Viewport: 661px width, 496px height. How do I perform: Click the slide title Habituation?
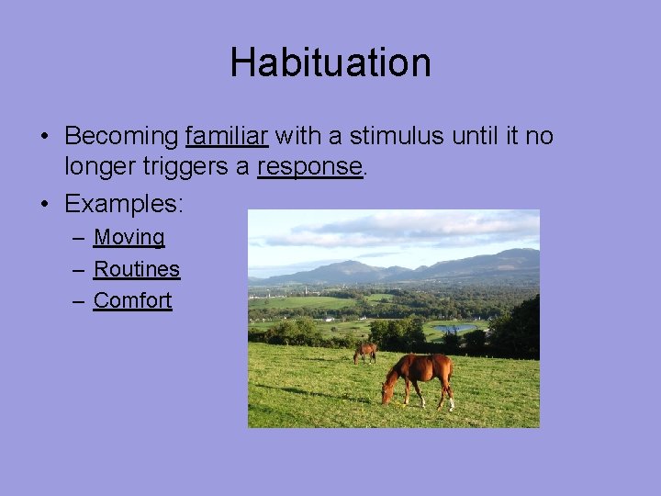(330, 63)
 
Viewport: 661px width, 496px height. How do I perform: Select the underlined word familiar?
(226, 137)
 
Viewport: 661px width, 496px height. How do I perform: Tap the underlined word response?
(310, 166)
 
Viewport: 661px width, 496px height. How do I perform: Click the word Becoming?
(121, 137)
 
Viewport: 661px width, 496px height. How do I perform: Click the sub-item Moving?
(129, 237)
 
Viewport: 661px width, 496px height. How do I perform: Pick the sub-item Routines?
(137, 269)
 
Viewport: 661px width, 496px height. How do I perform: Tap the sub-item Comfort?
(132, 300)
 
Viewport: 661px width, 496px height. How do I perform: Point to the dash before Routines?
(79, 270)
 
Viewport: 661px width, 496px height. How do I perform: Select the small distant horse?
(365, 351)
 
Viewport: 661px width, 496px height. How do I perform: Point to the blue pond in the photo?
(455, 327)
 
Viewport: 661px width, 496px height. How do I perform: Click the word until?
(478, 137)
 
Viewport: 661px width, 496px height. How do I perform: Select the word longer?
(97, 166)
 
